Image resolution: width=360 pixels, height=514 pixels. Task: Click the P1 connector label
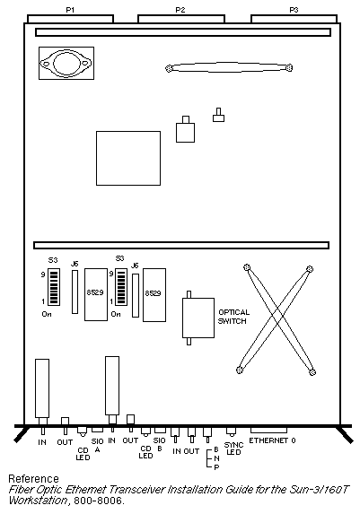pos(70,10)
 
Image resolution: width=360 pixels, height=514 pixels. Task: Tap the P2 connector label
pos(180,10)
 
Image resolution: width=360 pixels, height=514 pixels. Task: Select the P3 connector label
pos(294,10)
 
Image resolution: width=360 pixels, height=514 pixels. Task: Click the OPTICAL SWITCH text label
pos(233,317)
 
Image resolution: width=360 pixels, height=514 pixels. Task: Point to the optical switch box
pos(198,318)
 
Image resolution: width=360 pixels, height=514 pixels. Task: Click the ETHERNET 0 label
pos(272,440)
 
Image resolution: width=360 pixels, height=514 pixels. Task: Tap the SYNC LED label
pos(233,449)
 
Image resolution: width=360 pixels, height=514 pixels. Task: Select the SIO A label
pos(98,446)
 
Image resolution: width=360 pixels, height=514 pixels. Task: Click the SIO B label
pos(160,445)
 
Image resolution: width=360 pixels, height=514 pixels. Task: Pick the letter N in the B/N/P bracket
pos(216,458)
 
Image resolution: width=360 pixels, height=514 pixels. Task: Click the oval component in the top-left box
pos(66,64)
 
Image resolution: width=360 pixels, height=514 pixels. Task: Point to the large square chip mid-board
pos(128,159)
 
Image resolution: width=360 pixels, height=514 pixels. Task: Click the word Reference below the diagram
pos(33,479)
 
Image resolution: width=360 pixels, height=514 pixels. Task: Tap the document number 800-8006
pos(99,501)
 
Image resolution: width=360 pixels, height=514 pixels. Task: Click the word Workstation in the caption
pos(39,501)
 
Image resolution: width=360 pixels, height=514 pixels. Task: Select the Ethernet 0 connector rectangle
pos(268,431)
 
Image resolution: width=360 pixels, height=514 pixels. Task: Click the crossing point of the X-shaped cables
pos(277,317)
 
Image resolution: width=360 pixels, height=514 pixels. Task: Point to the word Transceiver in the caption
pos(136,490)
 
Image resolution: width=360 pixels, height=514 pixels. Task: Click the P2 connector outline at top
pos(181,19)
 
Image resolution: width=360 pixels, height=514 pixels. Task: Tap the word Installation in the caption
pos(195,490)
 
